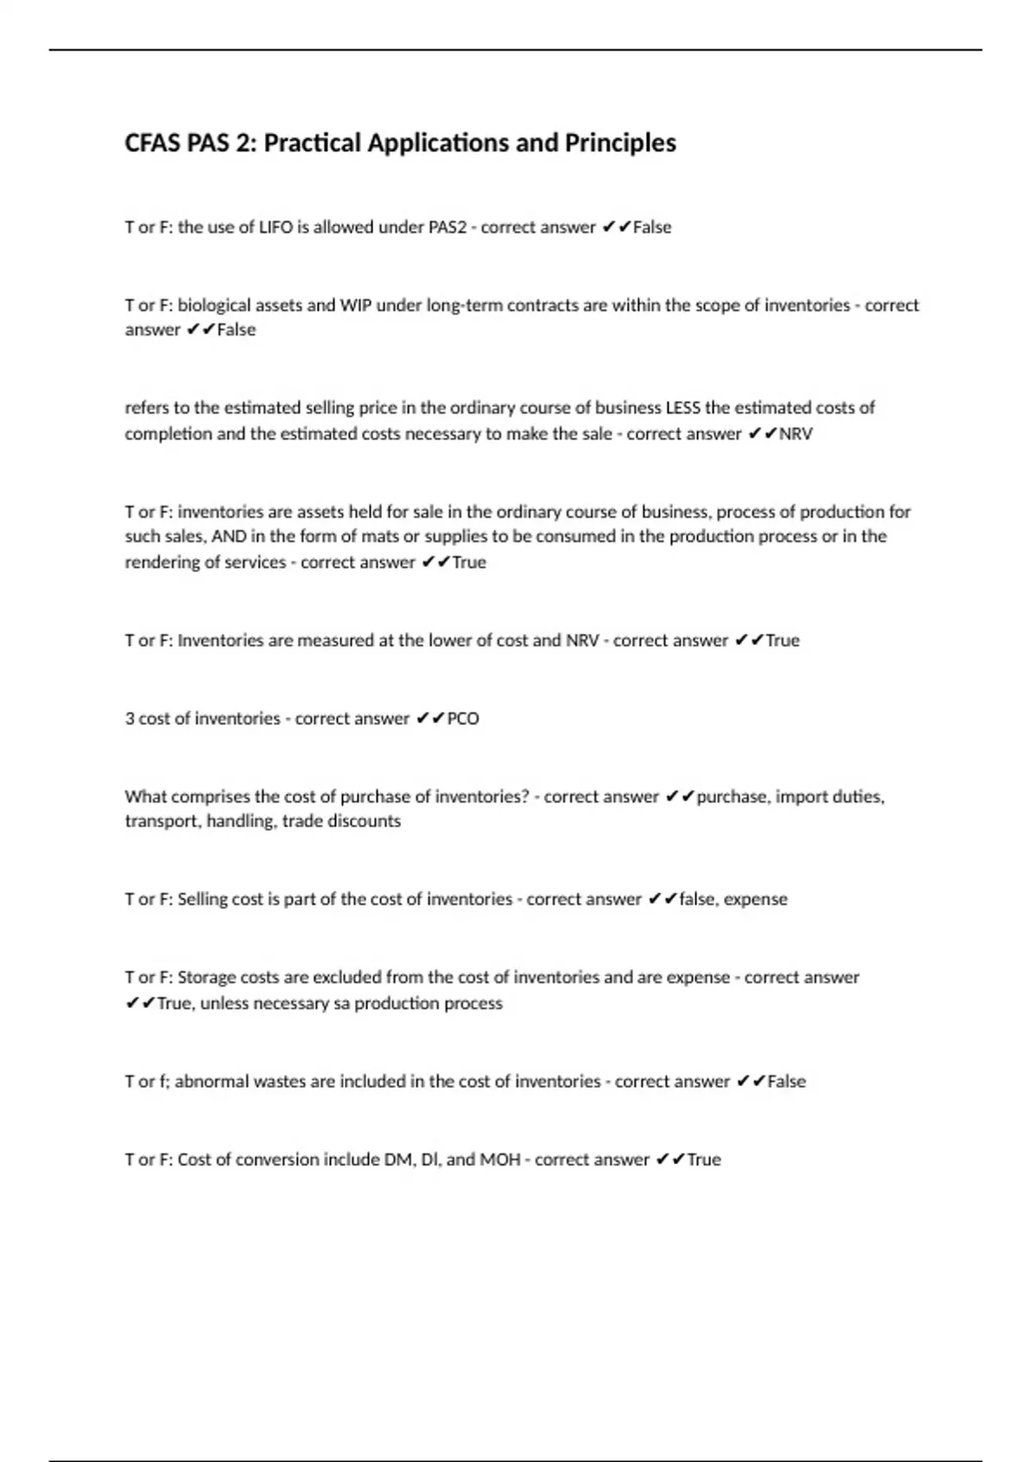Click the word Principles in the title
point(620,143)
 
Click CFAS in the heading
point(147,143)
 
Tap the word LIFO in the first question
point(276,228)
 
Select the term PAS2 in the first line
point(447,228)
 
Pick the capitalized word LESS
point(684,408)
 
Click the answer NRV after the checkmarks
point(795,434)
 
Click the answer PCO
point(464,719)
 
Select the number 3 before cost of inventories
point(129,719)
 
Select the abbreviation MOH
point(500,1160)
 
